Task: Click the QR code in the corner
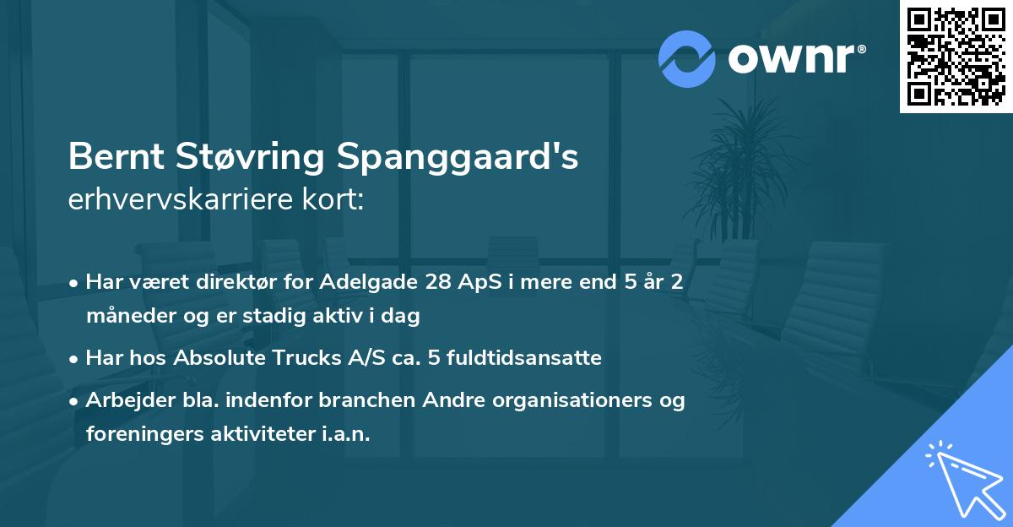tap(956, 56)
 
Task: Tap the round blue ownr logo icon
tap(687, 58)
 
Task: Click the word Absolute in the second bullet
tap(218, 358)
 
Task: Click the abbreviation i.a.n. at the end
tap(345, 434)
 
